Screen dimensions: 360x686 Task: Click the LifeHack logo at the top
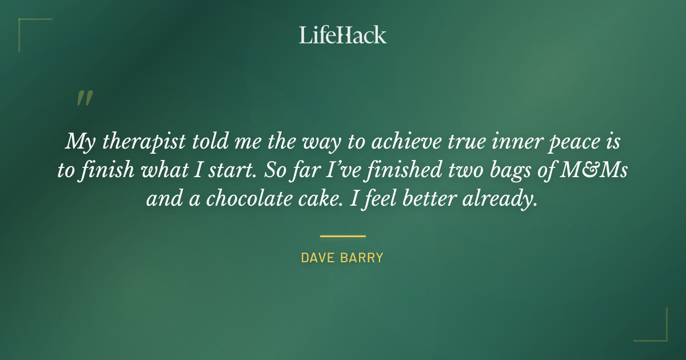coord(342,35)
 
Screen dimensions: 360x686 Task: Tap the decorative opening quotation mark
coord(84,98)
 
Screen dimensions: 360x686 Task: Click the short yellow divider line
coord(342,235)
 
